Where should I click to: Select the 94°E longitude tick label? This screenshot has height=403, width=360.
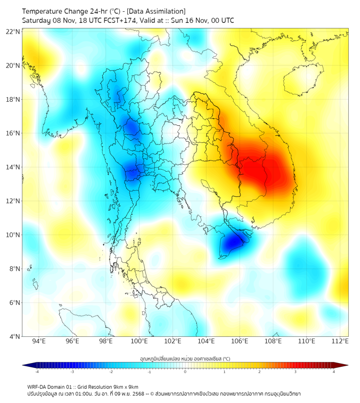(39, 341)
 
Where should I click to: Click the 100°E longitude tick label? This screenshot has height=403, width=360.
(140, 341)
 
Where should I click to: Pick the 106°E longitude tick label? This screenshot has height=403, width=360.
(240, 341)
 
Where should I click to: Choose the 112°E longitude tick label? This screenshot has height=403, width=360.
(340, 341)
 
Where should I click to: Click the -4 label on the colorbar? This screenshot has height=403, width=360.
(37, 372)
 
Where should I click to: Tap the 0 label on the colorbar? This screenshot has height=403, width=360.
(185, 372)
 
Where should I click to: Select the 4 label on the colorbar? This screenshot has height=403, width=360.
(333, 372)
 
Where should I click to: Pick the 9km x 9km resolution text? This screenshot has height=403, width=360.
(126, 386)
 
